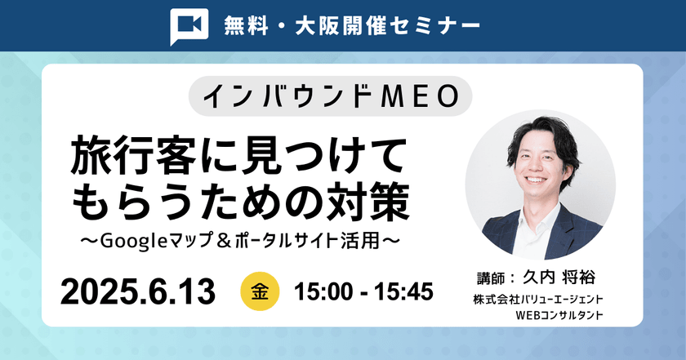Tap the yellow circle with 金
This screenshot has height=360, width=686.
(261, 291)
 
